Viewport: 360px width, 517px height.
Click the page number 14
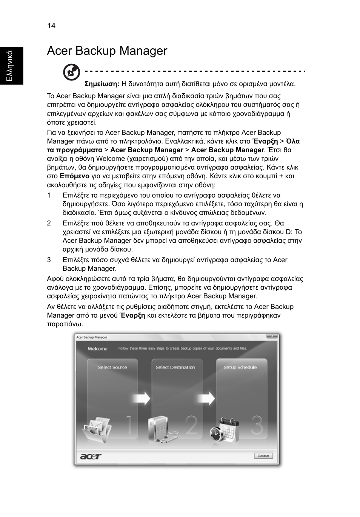click(51, 26)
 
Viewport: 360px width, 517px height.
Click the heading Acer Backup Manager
click(107, 51)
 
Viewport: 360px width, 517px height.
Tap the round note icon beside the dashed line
click(71, 72)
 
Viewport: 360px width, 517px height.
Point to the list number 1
click(49, 195)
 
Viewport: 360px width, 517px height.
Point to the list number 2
click(49, 223)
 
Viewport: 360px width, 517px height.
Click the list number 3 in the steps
click(49, 260)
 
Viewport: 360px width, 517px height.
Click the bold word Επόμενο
click(74, 176)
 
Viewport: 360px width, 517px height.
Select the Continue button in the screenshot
click(263, 455)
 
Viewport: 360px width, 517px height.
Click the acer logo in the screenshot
click(91, 456)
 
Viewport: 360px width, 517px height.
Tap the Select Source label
click(112, 367)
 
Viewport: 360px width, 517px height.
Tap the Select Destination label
click(175, 367)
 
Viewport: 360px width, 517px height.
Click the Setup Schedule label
click(240, 367)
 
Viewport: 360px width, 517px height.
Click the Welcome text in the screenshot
click(98, 349)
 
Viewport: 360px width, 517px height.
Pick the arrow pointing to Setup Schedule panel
click(206, 398)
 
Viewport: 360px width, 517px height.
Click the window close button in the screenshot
click(271, 336)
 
